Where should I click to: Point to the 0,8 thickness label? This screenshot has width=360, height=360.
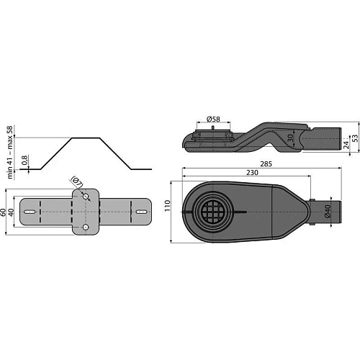pyautogui.click(x=25, y=161)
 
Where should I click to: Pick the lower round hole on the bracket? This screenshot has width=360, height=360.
pyautogui.click(x=86, y=228)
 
